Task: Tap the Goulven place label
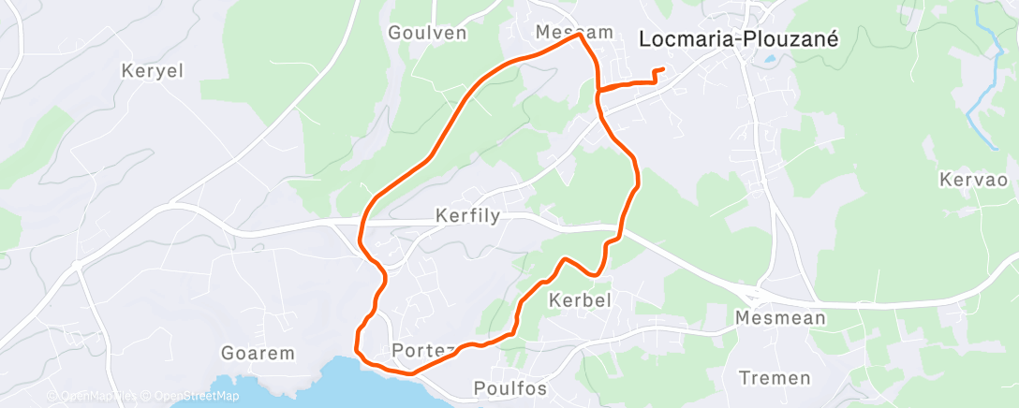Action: point(427,32)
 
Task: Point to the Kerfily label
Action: point(468,216)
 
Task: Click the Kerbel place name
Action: point(580,300)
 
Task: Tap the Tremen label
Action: point(775,378)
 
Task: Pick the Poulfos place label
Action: point(510,387)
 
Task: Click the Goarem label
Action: point(258,354)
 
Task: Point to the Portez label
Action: point(423,350)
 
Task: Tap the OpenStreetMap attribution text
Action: point(192,396)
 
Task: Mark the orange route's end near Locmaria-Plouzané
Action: point(663,69)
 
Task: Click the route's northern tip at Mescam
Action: point(582,36)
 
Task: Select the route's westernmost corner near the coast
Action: point(357,349)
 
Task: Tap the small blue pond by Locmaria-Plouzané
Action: point(769,59)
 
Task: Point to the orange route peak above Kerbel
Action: point(565,258)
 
